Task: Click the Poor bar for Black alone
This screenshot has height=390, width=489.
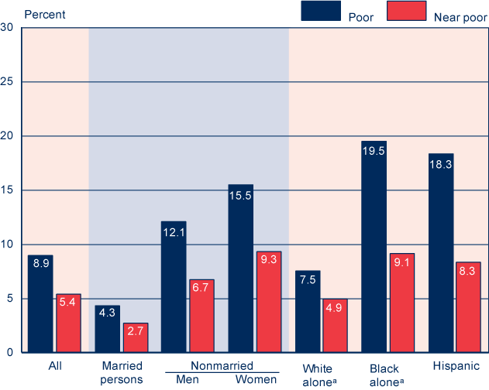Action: click(374, 247)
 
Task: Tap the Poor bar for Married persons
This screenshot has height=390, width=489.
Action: click(108, 329)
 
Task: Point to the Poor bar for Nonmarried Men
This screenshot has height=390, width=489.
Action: click(174, 287)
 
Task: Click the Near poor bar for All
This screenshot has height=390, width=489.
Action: click(69, 323)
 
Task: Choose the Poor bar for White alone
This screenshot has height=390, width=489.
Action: click(307, 312)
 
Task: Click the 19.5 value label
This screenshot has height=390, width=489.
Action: click(374, 152)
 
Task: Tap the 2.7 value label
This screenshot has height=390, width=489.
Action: click(135, 334)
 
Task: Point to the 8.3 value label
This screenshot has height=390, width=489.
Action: click(468, 272)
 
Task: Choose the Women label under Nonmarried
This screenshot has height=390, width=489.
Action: click(256, 379)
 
